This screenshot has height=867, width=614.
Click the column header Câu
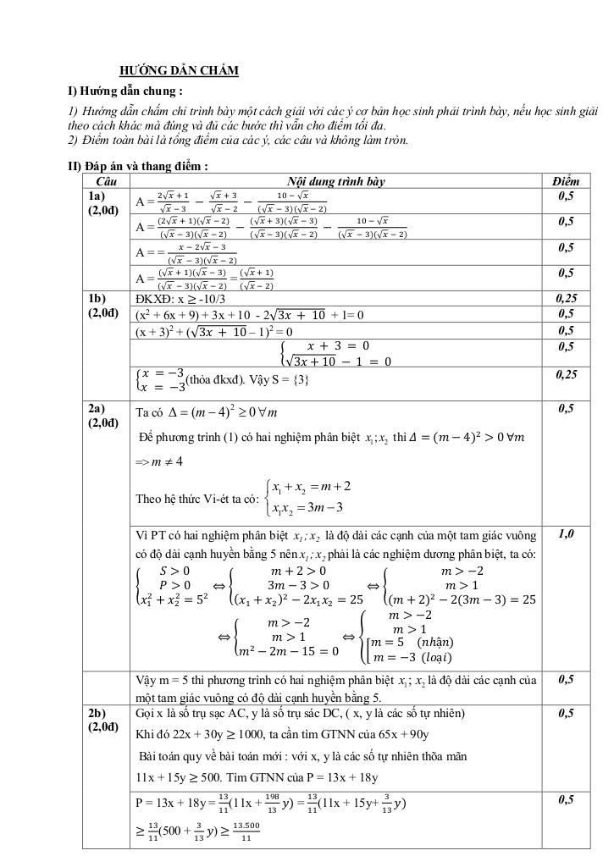107,181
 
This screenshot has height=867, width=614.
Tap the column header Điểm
565,181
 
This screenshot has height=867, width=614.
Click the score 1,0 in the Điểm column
565,534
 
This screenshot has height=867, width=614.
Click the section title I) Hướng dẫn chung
125,91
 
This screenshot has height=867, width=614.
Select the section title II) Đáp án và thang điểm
138,166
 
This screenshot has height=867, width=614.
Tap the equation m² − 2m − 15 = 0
289,651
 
